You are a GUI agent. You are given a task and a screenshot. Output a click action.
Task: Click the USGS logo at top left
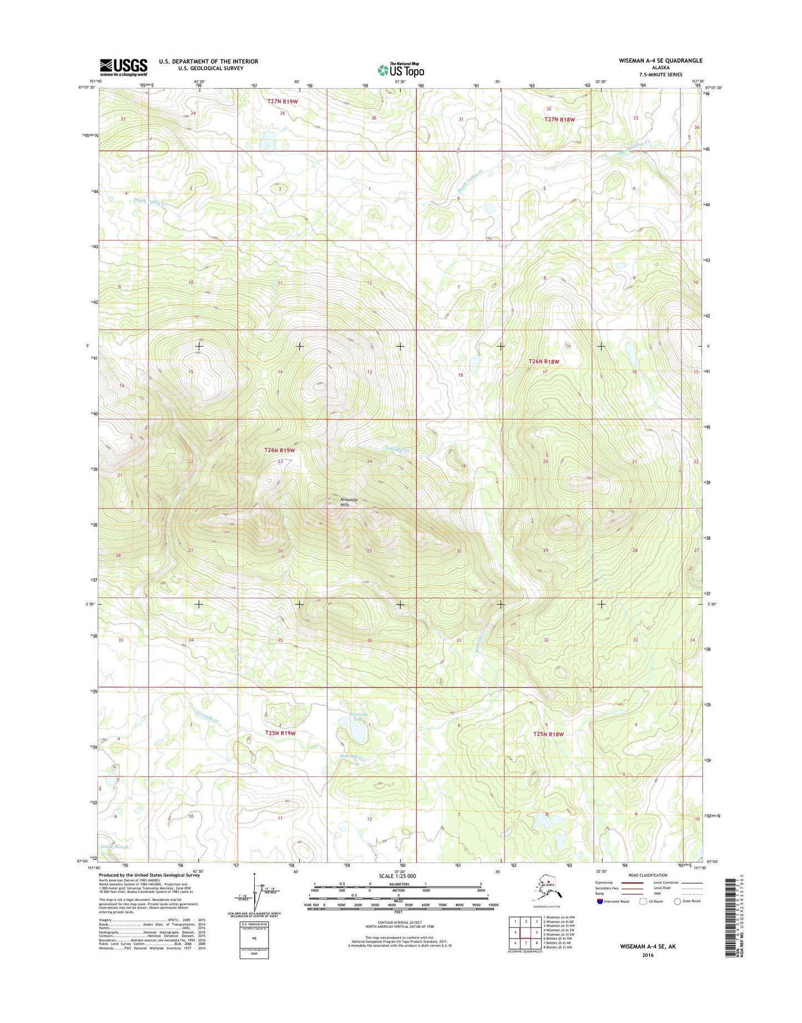pyautogui.click(x=123, y=67)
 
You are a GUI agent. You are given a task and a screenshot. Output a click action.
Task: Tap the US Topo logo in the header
pyautogui.click(x=401, y=70)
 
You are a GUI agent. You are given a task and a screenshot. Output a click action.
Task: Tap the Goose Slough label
pyautogui.click(x=115, y=846)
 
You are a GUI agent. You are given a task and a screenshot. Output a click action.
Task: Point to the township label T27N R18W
pyautogui.click(x=559, y=119)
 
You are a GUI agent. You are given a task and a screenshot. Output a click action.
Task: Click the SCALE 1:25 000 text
pyautogui.click(x=397, y=876)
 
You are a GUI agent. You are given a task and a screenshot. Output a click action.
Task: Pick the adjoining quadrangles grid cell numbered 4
pyautogui.click(x=515, y=932)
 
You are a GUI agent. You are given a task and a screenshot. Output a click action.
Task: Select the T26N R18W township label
pyautogui.click(x=543, y=362)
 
